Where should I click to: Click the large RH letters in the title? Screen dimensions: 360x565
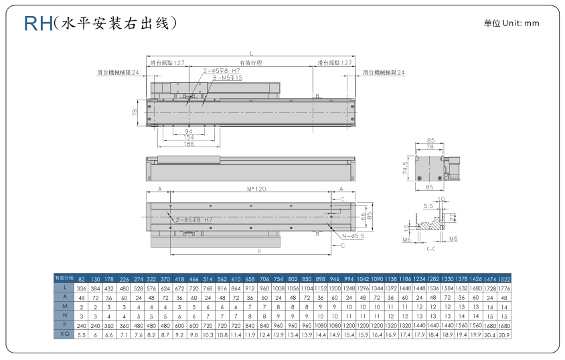[38, 23]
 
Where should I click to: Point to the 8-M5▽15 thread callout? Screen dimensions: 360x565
[227, 78]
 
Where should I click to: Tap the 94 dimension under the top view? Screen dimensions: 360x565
[189, 131]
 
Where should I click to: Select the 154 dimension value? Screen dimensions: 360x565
[189, 138]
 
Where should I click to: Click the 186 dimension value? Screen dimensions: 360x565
[189, 145]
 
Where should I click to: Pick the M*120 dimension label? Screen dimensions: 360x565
[256, 189]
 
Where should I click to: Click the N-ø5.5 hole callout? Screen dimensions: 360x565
[352, 236]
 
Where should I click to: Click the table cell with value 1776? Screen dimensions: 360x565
[505, 288]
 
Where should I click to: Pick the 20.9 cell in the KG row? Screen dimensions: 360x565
[505, 335]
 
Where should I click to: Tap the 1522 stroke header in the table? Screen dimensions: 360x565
[505, 278]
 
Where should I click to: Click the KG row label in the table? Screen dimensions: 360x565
[65, 335]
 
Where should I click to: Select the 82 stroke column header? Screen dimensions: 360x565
[82, 278]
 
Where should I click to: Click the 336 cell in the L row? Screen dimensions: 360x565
[82, 288]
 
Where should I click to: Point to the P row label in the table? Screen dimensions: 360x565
[65, 325]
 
